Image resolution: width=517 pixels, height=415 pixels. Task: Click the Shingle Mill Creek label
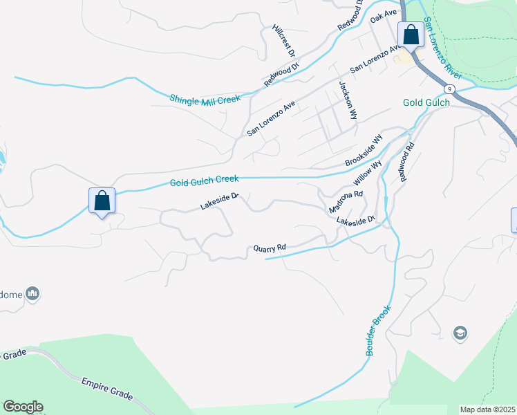click(x=205, y=100)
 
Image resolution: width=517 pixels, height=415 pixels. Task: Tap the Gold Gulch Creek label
click(x=205, y=181)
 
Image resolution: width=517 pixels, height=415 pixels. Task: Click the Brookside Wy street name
click(x=364, y=150)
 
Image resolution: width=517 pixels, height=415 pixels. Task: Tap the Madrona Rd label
click(x=346, y=200)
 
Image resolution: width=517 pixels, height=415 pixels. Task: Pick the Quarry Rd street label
click(x=270, y=248)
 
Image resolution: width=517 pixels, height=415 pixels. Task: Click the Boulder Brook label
click(x=379, y=330)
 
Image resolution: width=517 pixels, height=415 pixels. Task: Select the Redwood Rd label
click(x=406, y=162)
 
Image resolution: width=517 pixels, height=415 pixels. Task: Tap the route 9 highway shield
click(x=450, y=89)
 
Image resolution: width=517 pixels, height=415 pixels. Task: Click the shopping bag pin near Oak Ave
click(x=411, y=35)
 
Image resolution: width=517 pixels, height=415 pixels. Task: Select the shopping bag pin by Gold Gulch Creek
click(x=102, y=201)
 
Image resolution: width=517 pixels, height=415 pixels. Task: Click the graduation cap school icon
click(x=460, y=334)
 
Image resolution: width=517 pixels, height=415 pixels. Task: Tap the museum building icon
click(x=32, y=294)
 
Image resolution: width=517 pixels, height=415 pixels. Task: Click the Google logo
click(x=23, y=407)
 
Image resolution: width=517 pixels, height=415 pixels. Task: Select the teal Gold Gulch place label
click(x=426, y=102)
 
